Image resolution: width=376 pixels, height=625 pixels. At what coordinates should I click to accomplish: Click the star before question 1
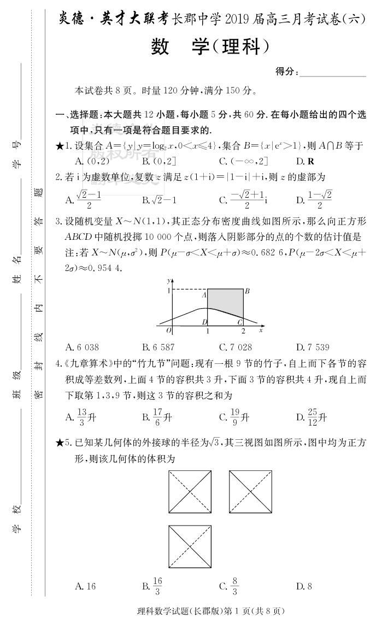60,146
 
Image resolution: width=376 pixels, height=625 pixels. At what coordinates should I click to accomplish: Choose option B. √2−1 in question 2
159,199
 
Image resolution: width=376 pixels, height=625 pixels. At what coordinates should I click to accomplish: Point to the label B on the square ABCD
247,291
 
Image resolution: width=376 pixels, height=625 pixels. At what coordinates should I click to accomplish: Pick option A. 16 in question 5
85,586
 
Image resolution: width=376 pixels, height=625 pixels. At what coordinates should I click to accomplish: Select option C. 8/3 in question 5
229,586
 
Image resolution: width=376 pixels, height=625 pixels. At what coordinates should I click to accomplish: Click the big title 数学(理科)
210,48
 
